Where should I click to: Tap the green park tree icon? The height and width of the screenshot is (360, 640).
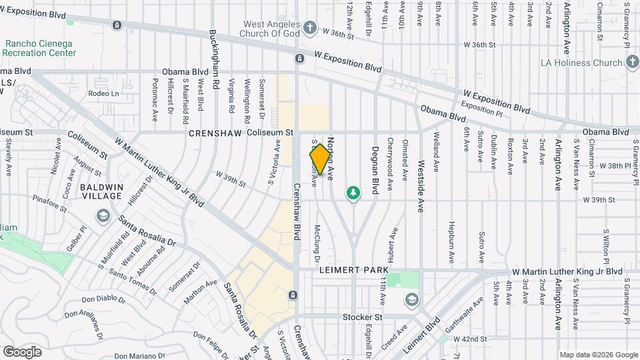353,193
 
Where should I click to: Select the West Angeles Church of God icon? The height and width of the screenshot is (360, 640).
309,27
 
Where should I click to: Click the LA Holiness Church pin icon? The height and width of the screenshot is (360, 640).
632,63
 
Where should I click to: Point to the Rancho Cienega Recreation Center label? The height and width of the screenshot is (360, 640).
40,48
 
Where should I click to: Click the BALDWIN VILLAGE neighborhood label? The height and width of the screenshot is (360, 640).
101,191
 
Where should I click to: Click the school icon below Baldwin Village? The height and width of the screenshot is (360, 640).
103,215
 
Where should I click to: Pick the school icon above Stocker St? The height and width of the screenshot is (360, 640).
411,299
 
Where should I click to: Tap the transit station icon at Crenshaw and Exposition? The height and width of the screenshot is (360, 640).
299,59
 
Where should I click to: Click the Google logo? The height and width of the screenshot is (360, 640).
22,352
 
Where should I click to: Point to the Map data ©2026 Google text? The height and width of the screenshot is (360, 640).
598,355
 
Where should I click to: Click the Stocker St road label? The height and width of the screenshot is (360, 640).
362,317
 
